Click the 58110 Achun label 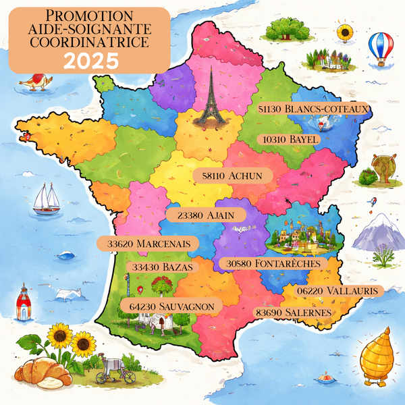[232, 175]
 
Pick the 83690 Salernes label [293, 313]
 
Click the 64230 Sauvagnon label [171, 306]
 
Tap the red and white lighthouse [24, 302]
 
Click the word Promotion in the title [90, 16]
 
